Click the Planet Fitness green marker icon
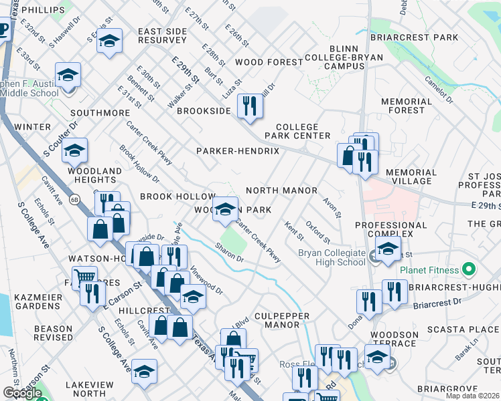click(468, 270)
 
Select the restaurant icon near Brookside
click(250, 107)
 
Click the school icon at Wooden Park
click(226, 209)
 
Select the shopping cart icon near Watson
click(84, 275)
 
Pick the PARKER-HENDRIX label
click(238, 152)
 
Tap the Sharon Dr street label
click(229, 252)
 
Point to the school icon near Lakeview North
click(144, 372)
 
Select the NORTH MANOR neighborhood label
click(281, 190)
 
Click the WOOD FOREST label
click(269, 62)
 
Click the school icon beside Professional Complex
click(387, 250)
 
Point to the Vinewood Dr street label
click(206, 281)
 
